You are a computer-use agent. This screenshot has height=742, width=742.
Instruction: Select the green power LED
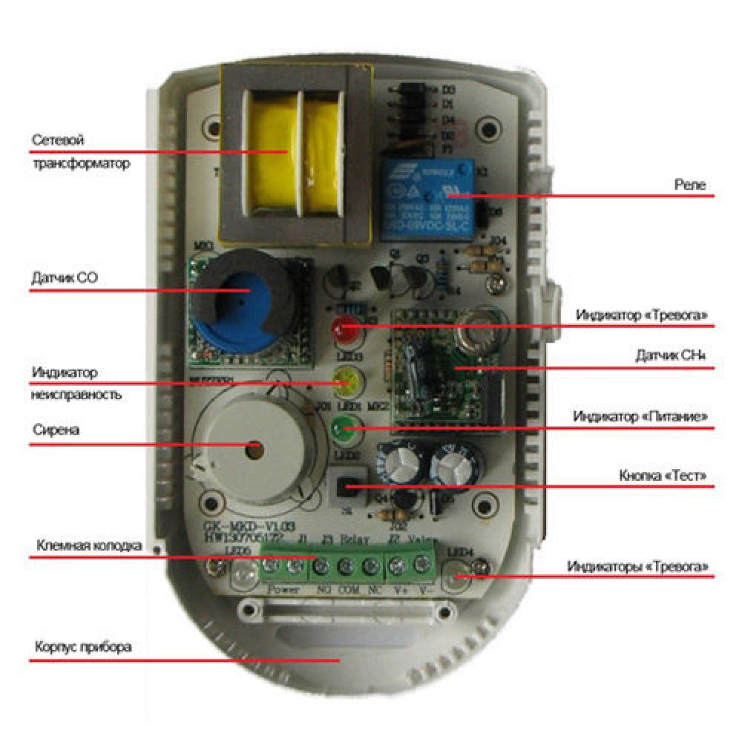point(344,427)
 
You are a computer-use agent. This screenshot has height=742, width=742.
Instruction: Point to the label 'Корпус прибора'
point(83,646)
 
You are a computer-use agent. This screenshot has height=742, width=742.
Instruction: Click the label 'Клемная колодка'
point(88,546)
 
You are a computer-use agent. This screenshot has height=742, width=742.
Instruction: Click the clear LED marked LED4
point(456,575)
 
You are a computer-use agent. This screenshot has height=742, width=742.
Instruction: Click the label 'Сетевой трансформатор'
point(80,151)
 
